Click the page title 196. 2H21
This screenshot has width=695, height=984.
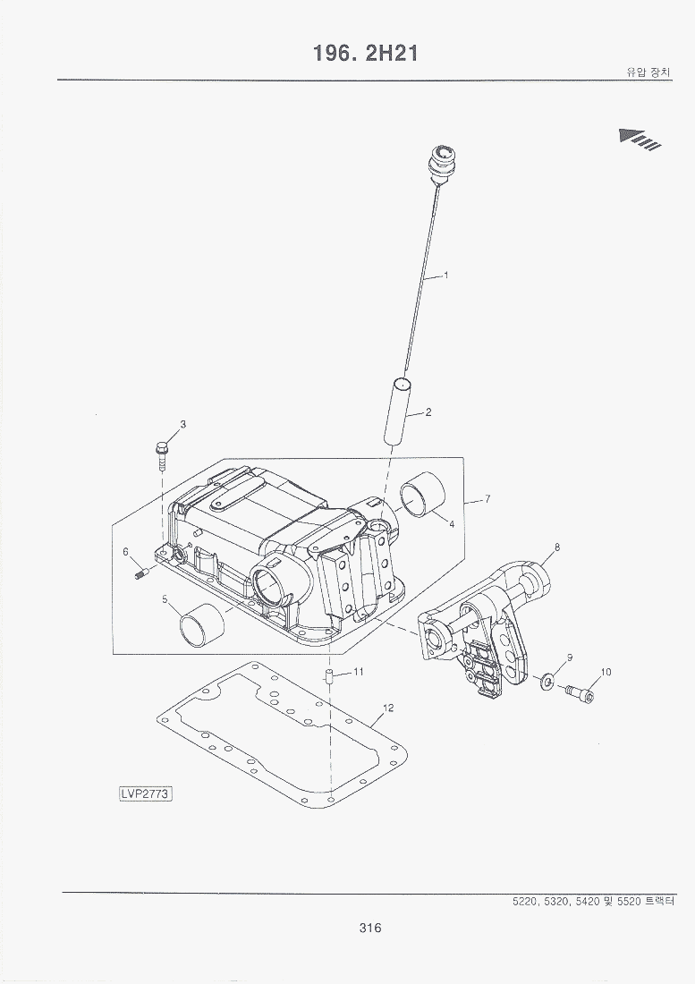click(x=366, y=54)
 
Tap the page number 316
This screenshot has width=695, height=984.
click(x=369, y=928)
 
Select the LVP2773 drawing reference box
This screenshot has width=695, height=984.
click(x=146, y=793)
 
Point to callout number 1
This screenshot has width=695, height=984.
click(x=446, y=275)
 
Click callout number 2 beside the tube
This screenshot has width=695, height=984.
click(x=428, y=412)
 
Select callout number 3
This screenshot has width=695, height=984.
click(x=182, y=424)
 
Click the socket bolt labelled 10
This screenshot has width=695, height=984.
click(x=581, y=691)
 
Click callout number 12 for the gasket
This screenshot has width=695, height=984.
click(x=387, y=708)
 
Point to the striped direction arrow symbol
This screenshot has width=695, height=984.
click(x=640, y=139)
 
